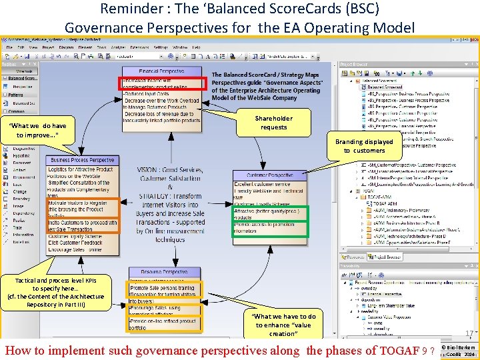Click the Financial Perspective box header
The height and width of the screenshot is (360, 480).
click(161, 71)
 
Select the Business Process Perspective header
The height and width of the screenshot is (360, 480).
click(83, 160)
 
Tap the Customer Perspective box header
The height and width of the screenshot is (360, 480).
click(270, 175)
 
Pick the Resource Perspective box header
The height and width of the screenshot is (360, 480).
click(163, 272)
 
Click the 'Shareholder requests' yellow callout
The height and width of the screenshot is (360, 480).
click(273, 123)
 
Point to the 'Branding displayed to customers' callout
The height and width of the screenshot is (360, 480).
click(364, 146)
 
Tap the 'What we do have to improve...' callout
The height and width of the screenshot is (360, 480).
click(38, 131)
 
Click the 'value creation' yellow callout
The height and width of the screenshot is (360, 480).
click(285, 325)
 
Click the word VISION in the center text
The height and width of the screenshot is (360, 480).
click(151, 171)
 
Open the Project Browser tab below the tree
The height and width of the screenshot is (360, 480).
click(387, 256)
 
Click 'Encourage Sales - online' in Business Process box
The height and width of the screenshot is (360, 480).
click(75, 250)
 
